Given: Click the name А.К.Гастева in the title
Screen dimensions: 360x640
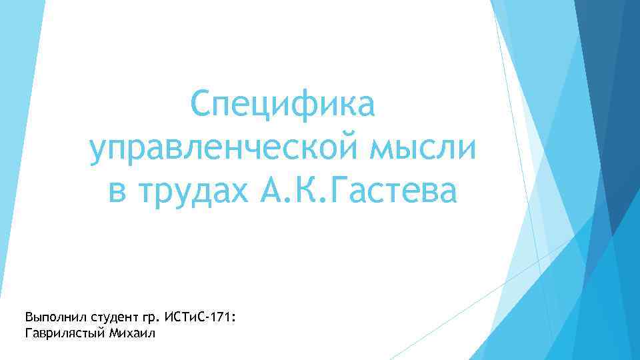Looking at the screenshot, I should [361, 191].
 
